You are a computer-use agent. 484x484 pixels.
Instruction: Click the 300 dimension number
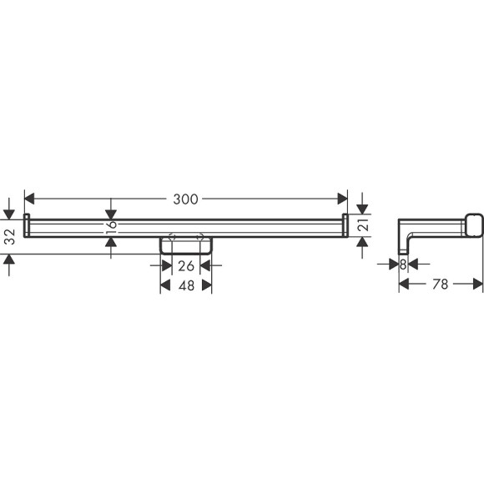(185, 199)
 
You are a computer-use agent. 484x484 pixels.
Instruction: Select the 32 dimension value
(11, 237)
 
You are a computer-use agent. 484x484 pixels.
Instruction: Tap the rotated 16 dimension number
(112, 227)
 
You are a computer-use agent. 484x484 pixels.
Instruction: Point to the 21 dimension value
(364, 224)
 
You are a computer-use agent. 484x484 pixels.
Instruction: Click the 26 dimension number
(186, 265)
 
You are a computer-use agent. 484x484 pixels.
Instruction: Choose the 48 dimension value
(186, 285)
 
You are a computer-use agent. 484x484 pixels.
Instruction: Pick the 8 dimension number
(403, 265)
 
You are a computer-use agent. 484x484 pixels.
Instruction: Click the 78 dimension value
(440, 284)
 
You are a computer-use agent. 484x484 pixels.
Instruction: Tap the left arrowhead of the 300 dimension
(29, 199)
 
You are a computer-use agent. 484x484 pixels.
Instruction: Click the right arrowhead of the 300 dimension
(342, 199)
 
